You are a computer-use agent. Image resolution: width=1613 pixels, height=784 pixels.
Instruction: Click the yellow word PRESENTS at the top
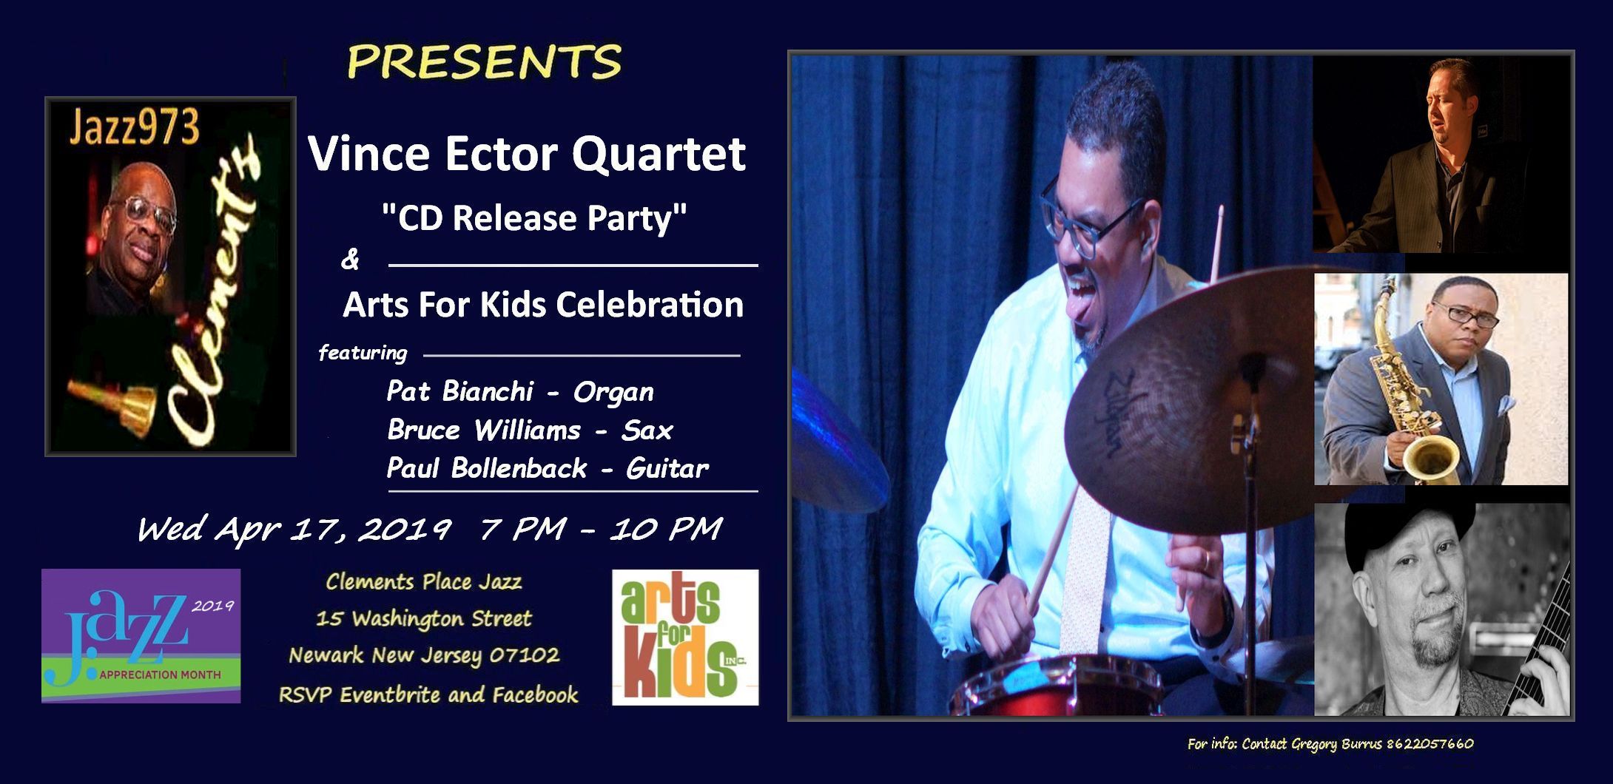click(485, 61)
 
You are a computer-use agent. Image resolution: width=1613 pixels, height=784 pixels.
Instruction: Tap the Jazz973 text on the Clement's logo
click(134, 129)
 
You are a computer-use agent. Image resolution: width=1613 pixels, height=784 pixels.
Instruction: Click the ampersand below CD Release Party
click(350, 260)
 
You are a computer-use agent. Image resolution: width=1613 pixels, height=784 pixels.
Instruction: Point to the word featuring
click(363, 354)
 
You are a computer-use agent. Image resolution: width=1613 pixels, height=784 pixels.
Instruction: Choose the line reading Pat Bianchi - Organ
click(520, 392)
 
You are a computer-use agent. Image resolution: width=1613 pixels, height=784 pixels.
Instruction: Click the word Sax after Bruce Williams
click(647, 430)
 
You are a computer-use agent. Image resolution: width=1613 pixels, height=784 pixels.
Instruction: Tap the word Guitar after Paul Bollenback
click(667, 469)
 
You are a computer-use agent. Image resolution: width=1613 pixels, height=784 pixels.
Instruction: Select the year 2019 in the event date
click(403, 529)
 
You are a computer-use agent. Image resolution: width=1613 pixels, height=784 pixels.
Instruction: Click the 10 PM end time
click(665, 529)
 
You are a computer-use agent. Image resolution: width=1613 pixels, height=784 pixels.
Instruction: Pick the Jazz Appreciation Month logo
click(141, 635)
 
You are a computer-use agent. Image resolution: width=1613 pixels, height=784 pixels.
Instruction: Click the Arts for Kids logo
click(685, 637)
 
